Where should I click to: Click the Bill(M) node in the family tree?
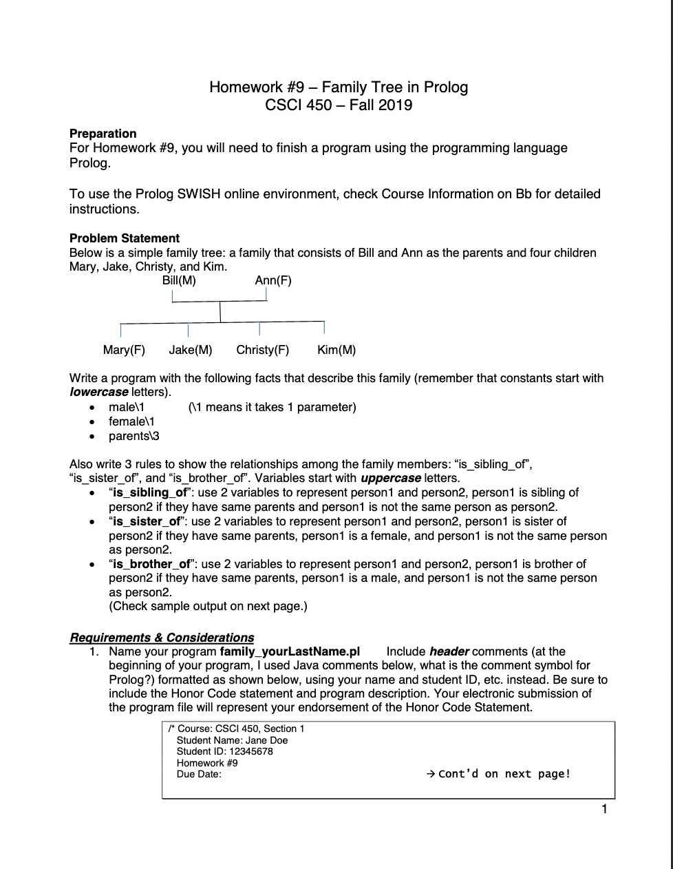(x=179, y=280)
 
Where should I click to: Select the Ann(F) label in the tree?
(x=273, y=280)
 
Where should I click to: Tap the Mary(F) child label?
(x=124, y=350)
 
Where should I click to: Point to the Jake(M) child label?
(x=191, y=350)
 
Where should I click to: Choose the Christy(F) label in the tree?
(x=262, y=350)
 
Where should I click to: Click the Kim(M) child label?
(x=336, y=350)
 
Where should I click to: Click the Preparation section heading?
(x=103, y=134)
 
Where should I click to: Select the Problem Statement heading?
(x=125, y=238)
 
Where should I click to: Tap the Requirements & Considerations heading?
(x=162, y=638)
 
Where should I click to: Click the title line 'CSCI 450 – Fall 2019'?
(x=339, y=105)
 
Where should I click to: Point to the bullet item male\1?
(x=127, y=407)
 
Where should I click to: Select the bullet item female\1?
(x=131, y=421)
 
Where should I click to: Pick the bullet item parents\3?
(x=134, y=436)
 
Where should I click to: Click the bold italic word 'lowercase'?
(x=98, y=392)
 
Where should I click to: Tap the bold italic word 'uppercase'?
(x=390, y=478)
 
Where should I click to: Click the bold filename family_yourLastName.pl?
(x=290, y=651)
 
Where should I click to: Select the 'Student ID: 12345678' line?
(x=224, y=751)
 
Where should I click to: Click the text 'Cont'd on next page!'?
(x=504, y=774)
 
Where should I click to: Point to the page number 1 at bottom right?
(x=604, y=809)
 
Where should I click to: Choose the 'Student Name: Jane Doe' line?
(x=232, y=740)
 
